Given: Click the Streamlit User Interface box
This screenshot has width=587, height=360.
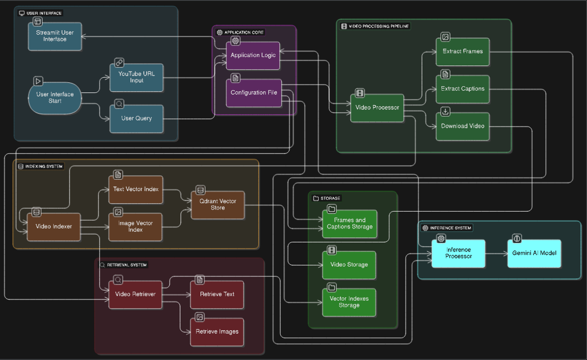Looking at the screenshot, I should [55, 36].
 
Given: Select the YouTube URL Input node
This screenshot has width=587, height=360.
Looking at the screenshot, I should [136, 78].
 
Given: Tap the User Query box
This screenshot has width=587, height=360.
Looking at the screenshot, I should [136, 119].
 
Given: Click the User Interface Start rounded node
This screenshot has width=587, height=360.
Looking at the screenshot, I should [55, 98].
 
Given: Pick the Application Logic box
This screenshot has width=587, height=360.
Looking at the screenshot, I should [253, 55].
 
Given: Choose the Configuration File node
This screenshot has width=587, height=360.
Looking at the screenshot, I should [253, 92].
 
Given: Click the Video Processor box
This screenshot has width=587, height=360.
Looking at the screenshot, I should [377, 107].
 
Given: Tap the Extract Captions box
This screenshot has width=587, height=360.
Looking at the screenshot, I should [462, 89].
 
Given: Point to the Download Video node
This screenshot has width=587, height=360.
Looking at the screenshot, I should [462, 126].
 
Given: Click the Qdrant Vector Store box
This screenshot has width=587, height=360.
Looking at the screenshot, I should [217, 204].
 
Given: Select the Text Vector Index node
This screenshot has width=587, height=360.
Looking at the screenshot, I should [136, 189].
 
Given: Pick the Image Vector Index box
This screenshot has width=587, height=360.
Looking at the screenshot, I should [136, 227].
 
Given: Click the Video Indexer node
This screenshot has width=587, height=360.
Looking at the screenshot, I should [54, 227].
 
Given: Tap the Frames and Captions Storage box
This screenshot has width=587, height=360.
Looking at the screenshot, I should [349, 223].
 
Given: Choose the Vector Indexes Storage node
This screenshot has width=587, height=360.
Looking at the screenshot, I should [349, 302].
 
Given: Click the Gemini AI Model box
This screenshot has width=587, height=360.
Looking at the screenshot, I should [534, 253].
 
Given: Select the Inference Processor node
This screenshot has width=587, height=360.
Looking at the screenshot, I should [458, 253].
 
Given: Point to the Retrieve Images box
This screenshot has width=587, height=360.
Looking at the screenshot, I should [217, 331].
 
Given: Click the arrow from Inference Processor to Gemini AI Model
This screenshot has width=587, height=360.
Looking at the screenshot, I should [496, 253].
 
